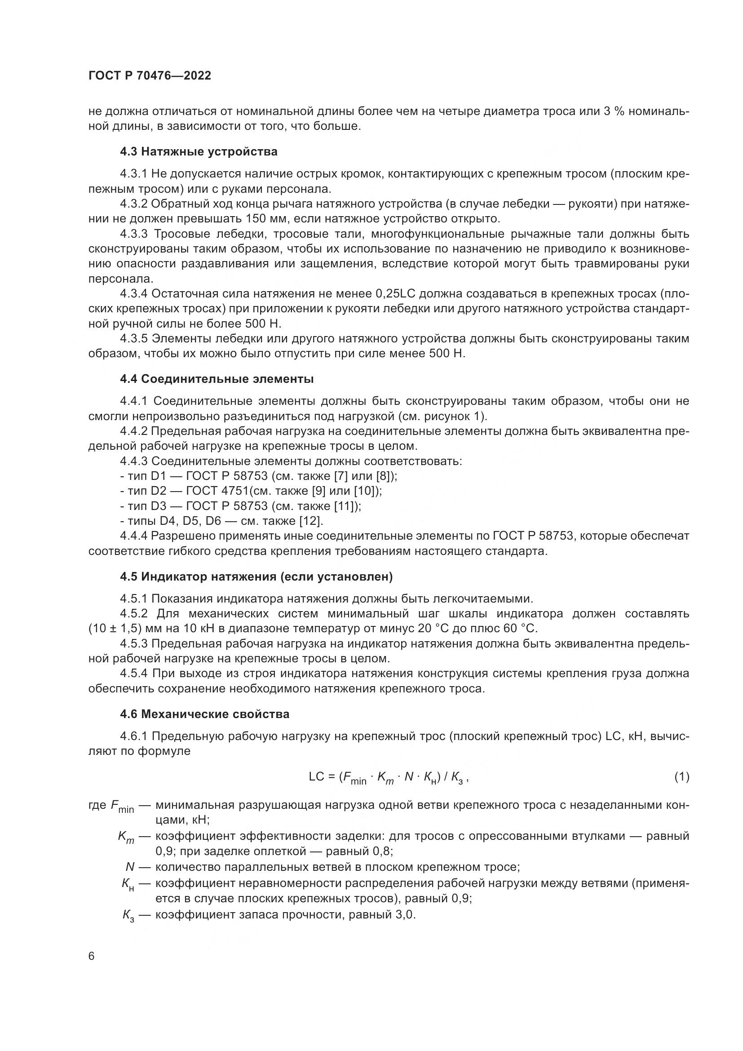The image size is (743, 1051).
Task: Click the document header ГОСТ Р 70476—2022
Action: click(150, 76)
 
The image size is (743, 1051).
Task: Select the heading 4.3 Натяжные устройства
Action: click(199, 151)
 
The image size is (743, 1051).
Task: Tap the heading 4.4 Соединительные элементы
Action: click(217, 379)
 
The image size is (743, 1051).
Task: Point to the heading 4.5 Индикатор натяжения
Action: click(256, 577)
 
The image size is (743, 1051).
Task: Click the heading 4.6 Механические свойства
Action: click(204, 714)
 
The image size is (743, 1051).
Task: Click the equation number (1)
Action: click(682, 777)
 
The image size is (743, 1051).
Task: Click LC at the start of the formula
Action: click(317, 777)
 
